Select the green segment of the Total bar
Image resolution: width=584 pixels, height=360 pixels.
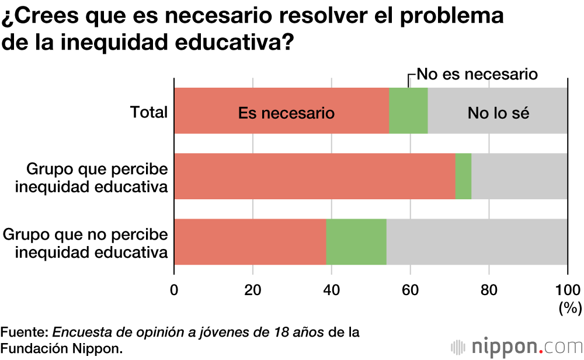click(408, 111)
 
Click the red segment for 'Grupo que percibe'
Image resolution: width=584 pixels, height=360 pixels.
click(314, 176)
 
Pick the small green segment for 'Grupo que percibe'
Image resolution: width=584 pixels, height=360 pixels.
click(463, 176)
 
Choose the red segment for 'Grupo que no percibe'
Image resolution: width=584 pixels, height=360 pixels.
click(250, 242)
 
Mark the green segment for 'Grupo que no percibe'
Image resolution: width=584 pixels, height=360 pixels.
click(356, 242)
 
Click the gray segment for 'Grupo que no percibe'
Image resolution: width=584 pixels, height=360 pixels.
click(477, 242)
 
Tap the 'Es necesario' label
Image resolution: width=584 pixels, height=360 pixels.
click(286, 113)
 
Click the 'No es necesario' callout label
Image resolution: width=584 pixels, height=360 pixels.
click(476, 74)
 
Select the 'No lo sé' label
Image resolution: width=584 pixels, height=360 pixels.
click(498, 113)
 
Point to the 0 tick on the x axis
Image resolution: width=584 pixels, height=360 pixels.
click(174, 289)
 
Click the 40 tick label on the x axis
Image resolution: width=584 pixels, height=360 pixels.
click(331, 289)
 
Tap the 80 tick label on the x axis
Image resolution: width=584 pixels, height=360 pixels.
click(489, 289)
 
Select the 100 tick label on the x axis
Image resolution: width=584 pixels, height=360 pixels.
click(567, 289)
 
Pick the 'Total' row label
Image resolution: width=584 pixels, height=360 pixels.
click(148, 112)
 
